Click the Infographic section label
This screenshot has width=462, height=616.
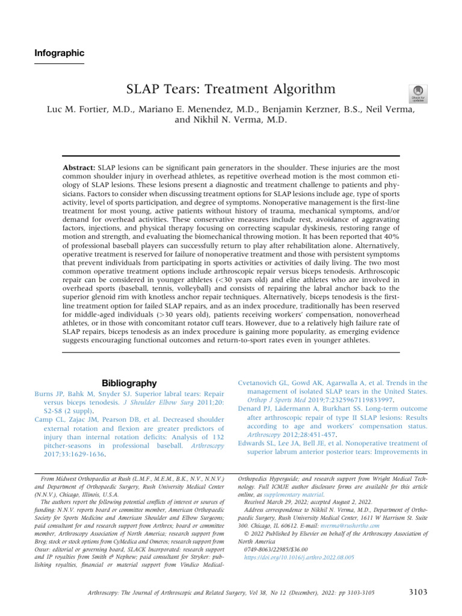coord(58,53)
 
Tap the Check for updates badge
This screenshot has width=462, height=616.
coord(418,93)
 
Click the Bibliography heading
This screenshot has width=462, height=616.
coord(129,383)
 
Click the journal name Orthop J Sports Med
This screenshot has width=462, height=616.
coord(269,400)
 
